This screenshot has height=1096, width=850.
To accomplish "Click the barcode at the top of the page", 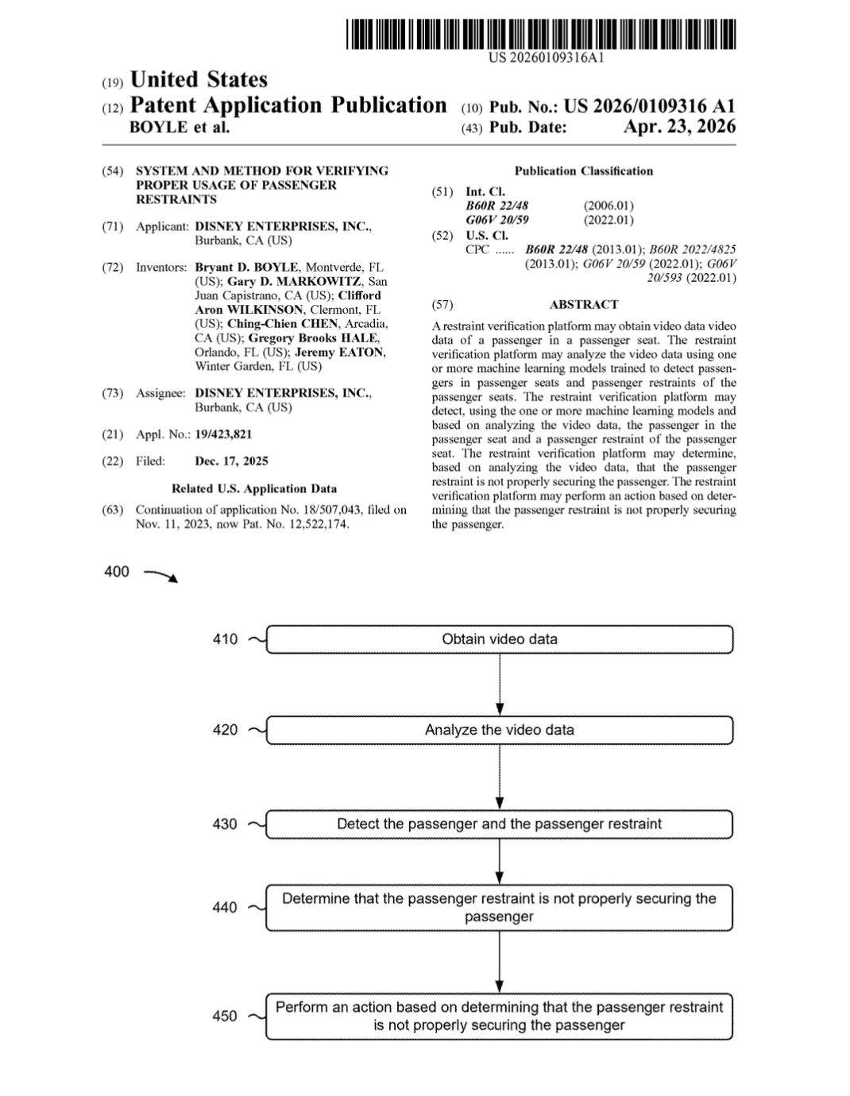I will pyautogui.click(x=540, y=35).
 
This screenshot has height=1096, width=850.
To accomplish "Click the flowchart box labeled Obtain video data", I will pyautogui.click(x=499, y=639).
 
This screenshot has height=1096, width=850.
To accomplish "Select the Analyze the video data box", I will pyautogui.click(x=499, y=730).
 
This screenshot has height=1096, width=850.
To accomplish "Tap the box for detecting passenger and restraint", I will pyautogui.click(x=499, y=824).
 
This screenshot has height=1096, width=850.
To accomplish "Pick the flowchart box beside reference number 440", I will pyautogui.click(x=499, y=908).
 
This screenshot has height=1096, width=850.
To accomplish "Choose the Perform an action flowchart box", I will pyautogui.click(x=499, y=1017).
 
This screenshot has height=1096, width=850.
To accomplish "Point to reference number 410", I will pyautogui.click(x=225, y=639).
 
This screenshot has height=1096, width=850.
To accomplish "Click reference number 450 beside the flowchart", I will pyautogui.click(x=225, y=1017).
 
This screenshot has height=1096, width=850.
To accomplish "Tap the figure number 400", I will pyautogui.click(x=117, y=572).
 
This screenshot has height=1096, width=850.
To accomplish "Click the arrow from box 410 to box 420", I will pyautogui.click(x=499, y=685).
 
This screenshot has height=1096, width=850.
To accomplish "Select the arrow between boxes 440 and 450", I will pyautogui.click(x=499, y=962).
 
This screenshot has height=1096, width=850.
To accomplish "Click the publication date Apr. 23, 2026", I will pyautogui.click(x=679, y=127).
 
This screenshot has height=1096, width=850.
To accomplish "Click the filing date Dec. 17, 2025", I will pyautogui.click(x=231, y=461).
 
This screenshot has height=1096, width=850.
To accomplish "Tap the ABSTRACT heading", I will pyautogui.click(x=583, y=305).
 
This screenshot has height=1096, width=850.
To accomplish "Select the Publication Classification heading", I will pyautogui.click(x=583, y=172).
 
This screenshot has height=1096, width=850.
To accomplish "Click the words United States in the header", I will pyautogui.click(x=199, y=80).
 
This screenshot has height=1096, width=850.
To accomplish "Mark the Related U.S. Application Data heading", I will pyautogui.click(x=254, y=489).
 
